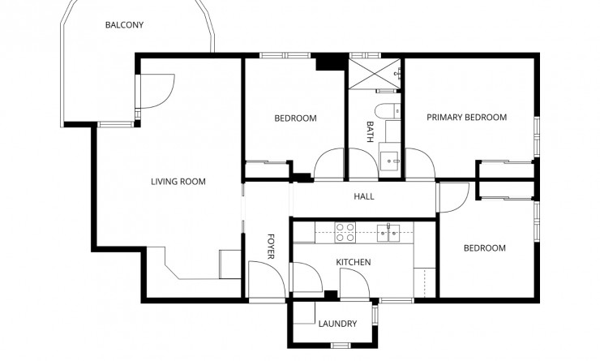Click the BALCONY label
[x=124, y=25]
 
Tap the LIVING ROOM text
[x=178, y=182]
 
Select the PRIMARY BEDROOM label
[x=466, y=118]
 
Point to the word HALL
[x=363, y=197]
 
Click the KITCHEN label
[x=354, y=262]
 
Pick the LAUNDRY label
[x=337, y=324]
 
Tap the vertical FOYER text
[x=272, y=247]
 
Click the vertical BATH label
[x=371, y=132]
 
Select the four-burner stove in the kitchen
[x=345, y=232]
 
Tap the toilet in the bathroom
[x=385, y=110]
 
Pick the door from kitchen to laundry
[x=354, y=283]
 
